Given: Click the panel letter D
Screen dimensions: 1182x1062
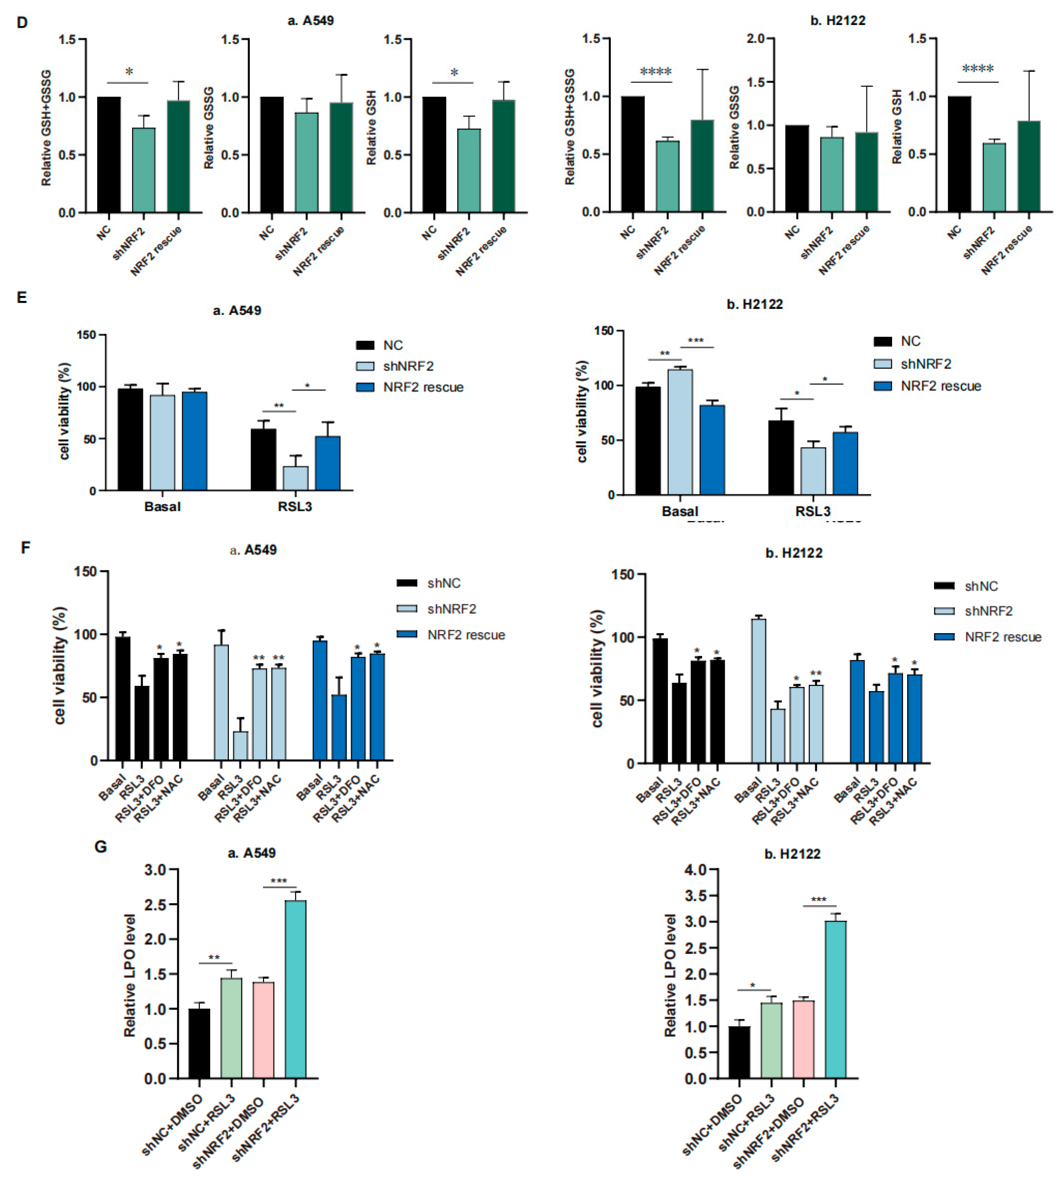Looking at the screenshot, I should pos(22,23).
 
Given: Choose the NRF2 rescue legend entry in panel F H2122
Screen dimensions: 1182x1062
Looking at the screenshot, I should pos(1002,637).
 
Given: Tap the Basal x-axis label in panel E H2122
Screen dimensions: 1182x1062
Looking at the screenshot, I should pos(680,511).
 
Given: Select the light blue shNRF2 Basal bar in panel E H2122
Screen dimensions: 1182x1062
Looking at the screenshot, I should pos(680,431).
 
